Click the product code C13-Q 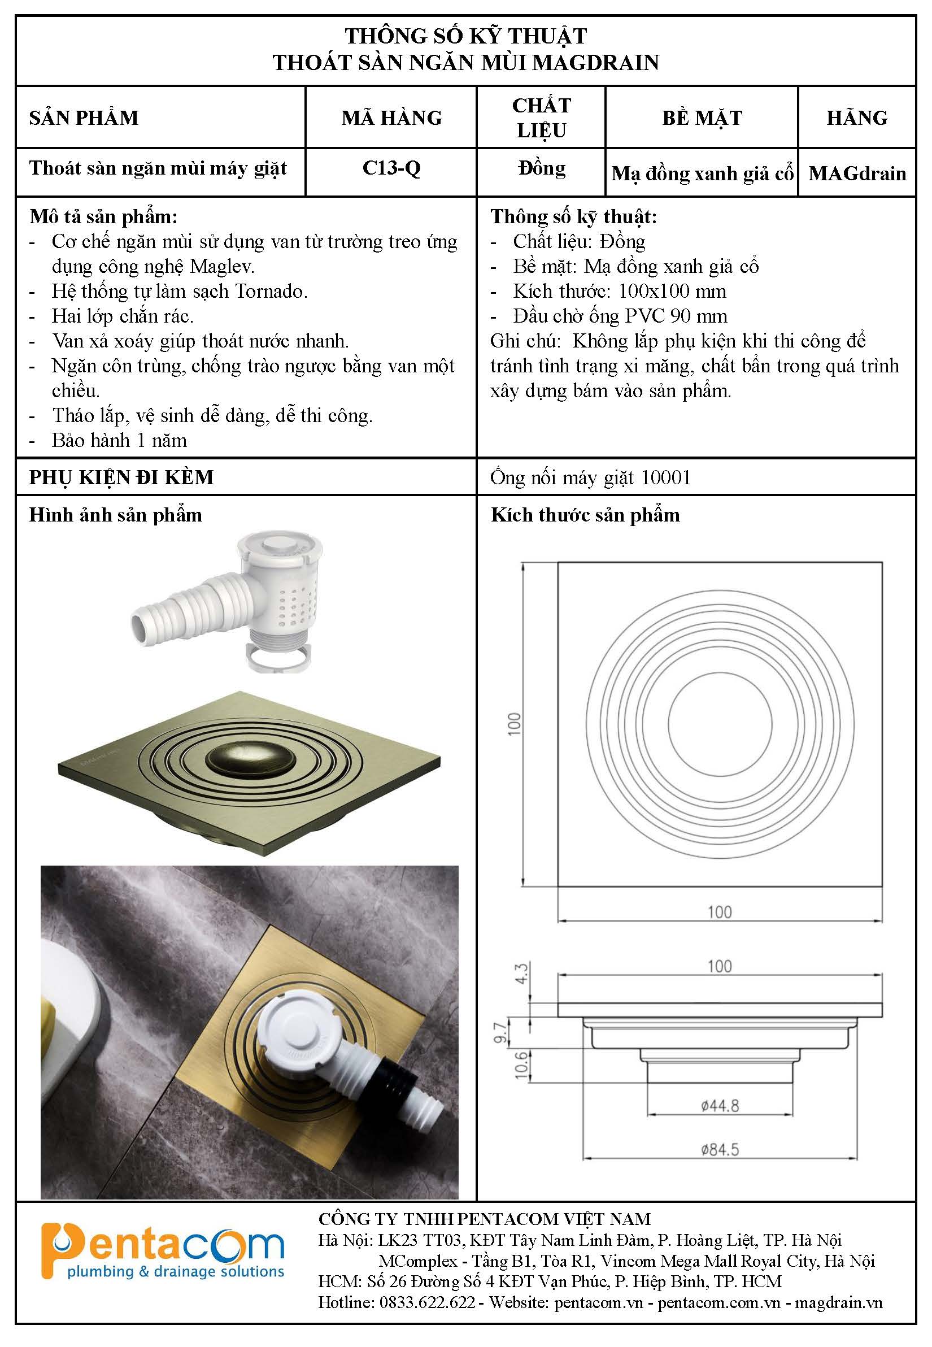[x=391, y=168]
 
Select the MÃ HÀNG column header [x=392, y=118]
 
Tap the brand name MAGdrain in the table [x=857, y=173]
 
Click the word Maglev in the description [x=222, y=267]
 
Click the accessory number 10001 [x=666, y=478]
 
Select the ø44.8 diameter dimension [x=720, y=1106]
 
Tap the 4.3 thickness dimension [x=521, y=973]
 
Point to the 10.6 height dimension [x=521, y=1064]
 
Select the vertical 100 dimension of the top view [x=515, y=724]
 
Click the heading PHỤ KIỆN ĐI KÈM [x=121, y=478]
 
